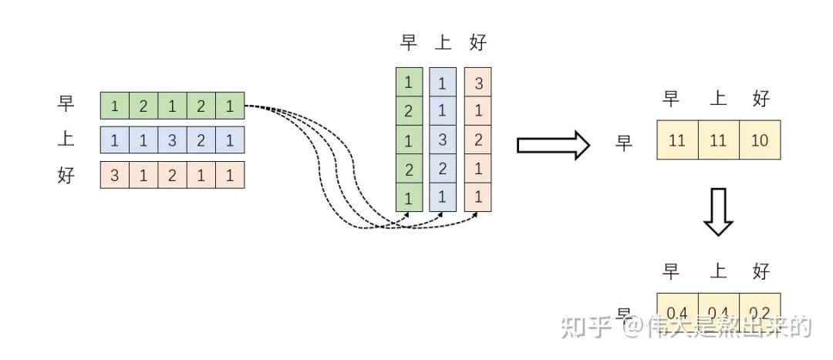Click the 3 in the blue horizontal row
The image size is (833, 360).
(172, 141)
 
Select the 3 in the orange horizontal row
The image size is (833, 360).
(115, 175)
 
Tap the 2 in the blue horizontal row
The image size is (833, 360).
(201, 141)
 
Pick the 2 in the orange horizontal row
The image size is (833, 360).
(172, 175)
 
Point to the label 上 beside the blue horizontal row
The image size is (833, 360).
(66, 140)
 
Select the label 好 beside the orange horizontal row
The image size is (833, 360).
(66, 175)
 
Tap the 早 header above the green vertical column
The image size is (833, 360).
(409, 42)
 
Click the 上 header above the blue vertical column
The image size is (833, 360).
(443, 42)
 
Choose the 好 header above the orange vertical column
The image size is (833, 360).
(477, 42)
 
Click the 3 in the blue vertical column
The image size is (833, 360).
(443, 140)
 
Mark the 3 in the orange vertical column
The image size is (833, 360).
(477, 82)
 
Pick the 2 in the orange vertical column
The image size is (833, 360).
(477, 140)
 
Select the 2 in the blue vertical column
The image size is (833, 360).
(443, 168)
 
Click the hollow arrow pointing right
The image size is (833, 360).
(552, 146)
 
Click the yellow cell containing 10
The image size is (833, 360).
(760, 140)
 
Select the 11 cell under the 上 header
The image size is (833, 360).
(719, 140)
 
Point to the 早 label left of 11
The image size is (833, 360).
(624, 143)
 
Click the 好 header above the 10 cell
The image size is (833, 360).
(760, 98)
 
